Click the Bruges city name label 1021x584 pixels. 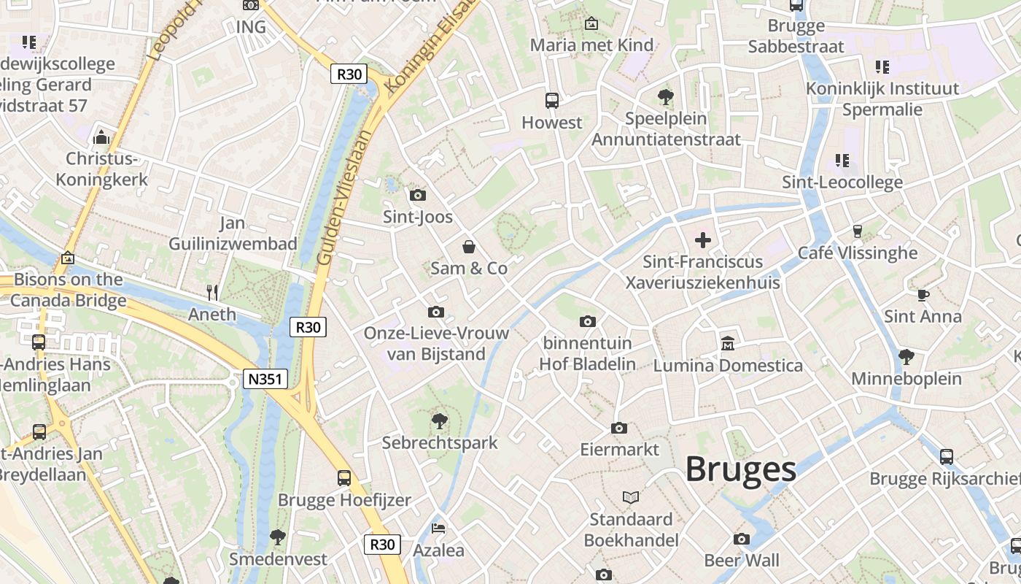[740, 469]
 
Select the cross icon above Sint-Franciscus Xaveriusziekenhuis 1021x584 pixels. [703, 239]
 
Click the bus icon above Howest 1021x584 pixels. [552, 101]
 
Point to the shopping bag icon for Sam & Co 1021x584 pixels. [469, 247]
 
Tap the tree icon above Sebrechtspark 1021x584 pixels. [439, 420]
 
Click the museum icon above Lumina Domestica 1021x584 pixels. [727, 343]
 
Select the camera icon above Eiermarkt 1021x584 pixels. [619, 428]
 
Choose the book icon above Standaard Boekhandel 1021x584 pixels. [631, 497]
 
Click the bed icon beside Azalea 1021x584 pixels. [438, 528]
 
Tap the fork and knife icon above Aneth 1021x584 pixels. [212, 293]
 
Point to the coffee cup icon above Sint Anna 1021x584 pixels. [923, 295]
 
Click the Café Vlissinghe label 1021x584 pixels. [858, 253]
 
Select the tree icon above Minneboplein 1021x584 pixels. [906, 357]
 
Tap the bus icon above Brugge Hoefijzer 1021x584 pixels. [344, 478]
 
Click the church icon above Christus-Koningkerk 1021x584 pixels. [101, 137]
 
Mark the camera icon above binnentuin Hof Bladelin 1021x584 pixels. [587, 321]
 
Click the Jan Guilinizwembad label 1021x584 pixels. [233, 234]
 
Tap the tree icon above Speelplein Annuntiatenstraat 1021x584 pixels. [665, 96]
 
